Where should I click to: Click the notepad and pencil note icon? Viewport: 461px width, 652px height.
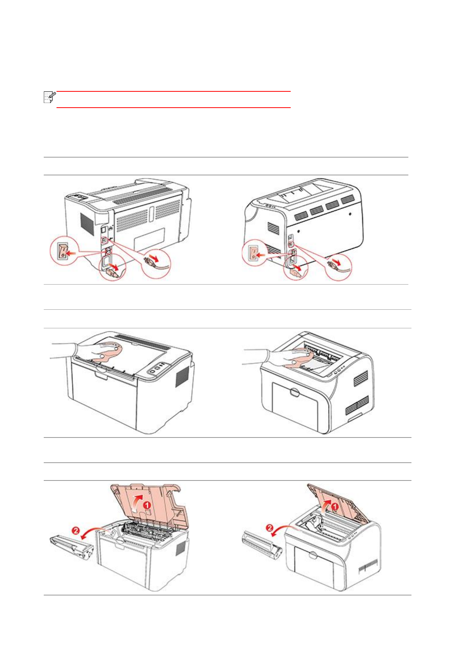49,97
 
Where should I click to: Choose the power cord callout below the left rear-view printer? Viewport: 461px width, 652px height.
113,268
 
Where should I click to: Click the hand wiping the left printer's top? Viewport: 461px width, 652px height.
93,353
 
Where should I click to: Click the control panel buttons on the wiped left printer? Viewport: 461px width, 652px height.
158,368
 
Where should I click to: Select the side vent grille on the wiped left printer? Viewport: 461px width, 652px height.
182,376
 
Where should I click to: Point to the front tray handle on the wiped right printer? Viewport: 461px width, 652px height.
295,393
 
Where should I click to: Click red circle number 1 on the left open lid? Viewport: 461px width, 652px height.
147,505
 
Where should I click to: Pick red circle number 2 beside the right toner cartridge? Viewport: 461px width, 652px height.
270,528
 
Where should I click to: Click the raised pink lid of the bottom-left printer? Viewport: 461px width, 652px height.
151,503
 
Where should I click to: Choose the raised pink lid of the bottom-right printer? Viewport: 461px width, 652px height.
337,503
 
